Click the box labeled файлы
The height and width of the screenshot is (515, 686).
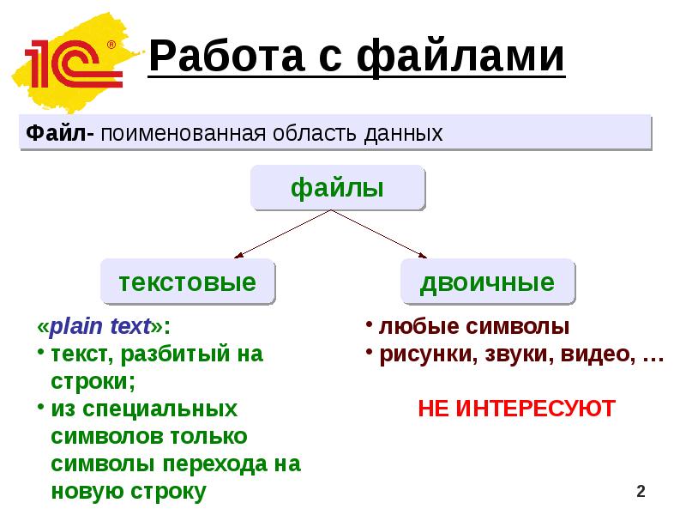(337, 188)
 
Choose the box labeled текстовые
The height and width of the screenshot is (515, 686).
(188, 282)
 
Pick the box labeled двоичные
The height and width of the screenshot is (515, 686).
(487, 282)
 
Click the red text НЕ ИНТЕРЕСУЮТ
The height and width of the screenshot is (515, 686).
(516, 408)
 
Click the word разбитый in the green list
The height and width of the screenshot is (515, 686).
(167, 354)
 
